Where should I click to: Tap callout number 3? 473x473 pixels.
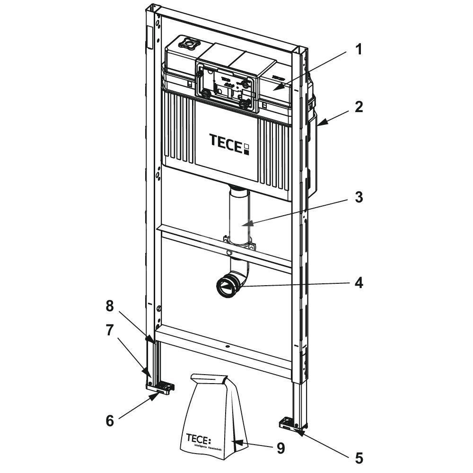[x=359, y=197]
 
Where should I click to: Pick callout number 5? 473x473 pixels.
[x=359, y=457]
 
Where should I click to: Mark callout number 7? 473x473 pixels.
[x=110, y=330]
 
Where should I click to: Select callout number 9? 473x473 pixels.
[x=280, y=448]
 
